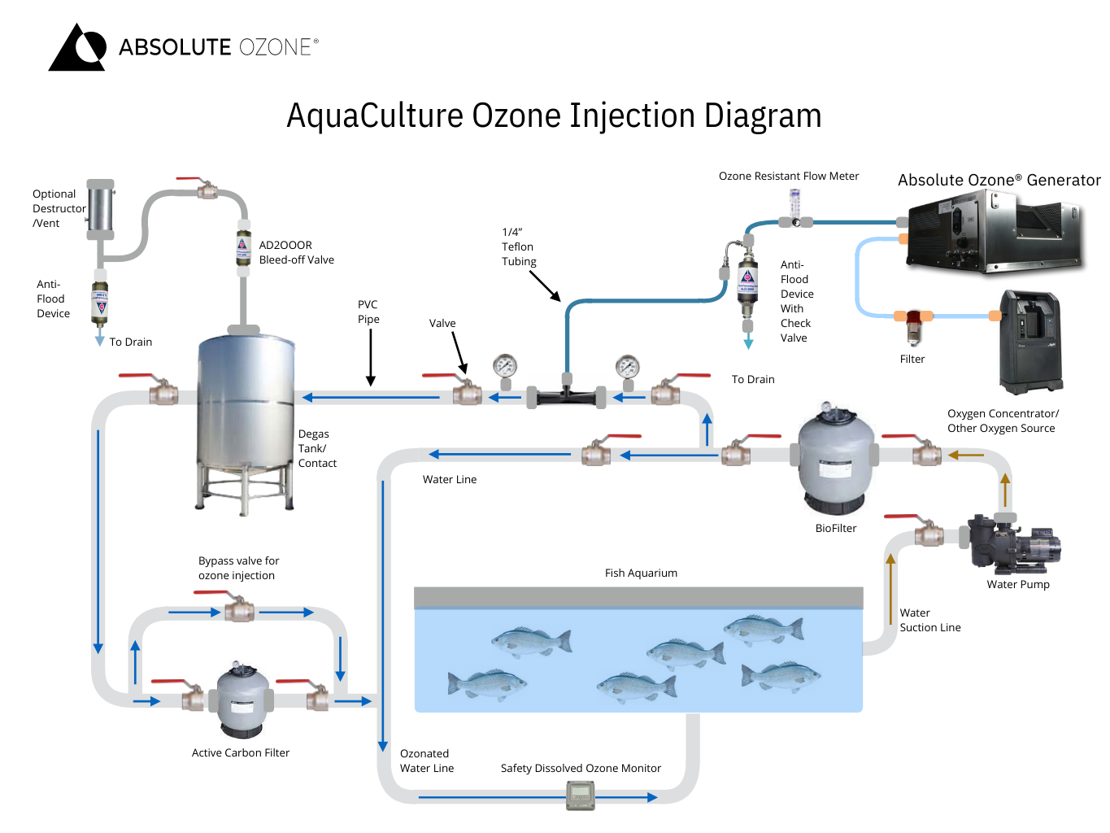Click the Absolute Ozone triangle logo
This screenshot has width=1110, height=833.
[78, 48]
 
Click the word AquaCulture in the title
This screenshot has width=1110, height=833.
[376, 116]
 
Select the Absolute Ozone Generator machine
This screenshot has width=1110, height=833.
[995, 231]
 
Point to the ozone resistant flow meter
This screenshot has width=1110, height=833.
[795, 208]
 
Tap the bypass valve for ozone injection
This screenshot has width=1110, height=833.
[238, 608]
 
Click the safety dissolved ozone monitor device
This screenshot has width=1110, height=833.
[581, 795]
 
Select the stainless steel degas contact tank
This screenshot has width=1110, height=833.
[246, 419]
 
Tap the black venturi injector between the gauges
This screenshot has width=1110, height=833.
[567, 396]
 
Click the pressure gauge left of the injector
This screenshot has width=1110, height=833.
[505, 367]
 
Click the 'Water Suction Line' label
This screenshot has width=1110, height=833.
[929, 620]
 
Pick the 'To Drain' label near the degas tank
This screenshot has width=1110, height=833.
[130, 342]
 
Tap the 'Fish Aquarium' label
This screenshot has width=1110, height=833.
[641, 573]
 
